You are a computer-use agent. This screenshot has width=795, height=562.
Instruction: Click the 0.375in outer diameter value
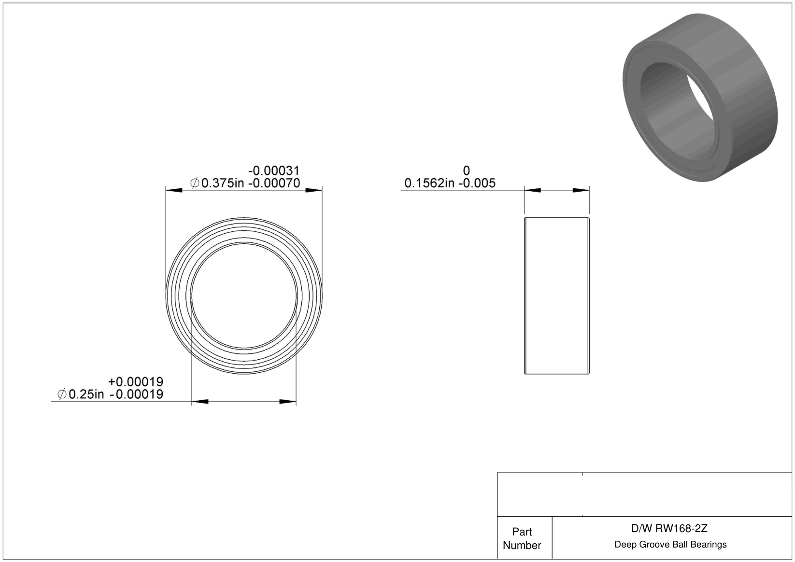tap(223, 183)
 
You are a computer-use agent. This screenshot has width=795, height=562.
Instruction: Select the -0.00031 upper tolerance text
tap(274, 170)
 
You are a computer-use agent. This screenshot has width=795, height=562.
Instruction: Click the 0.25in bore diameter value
tap(86, 394)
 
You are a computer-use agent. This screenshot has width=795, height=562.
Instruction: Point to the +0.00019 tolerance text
tap(136, 382)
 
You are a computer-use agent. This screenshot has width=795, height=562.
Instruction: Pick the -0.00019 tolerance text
tap(137, 394)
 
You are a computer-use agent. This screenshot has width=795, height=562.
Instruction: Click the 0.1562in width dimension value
tap(429, 183)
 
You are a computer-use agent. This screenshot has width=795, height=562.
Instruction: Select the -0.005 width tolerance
tap(477, 183)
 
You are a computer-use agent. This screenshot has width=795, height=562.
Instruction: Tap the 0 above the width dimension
tap(467, 170)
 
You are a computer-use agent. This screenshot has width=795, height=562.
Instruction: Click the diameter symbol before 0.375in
tap(195, 183)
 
